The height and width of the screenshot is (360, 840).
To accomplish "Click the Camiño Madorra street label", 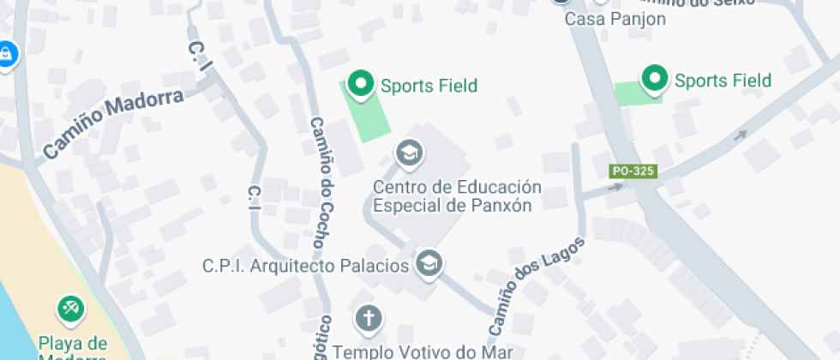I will click(x=114, y=124).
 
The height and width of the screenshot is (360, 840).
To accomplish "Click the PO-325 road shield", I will click(x=633, y=171).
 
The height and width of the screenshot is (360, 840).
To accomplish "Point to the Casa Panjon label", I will click(x=603, y=18).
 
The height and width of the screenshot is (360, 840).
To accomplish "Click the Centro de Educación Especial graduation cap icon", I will click(x=409, y=154).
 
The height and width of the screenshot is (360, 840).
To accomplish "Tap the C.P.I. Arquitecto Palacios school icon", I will click(x=429, y=264).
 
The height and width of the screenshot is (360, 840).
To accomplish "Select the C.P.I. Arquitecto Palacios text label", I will click(x=305, y=266).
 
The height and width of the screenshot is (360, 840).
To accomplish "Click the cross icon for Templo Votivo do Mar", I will click(x=369, y=319).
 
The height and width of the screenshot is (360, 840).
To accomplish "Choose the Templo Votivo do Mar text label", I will click(x=422, y=351).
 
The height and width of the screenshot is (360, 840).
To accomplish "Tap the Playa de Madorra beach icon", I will click(x=69, y=309).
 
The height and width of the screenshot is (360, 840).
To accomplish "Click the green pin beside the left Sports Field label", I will click(x=361, y=84).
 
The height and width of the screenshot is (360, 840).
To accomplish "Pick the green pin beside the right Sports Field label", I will click(x=656, y=79).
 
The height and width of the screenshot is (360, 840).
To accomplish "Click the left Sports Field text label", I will click(x=429, y=86).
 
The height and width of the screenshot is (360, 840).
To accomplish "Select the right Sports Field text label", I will click(x=723, y=81).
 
